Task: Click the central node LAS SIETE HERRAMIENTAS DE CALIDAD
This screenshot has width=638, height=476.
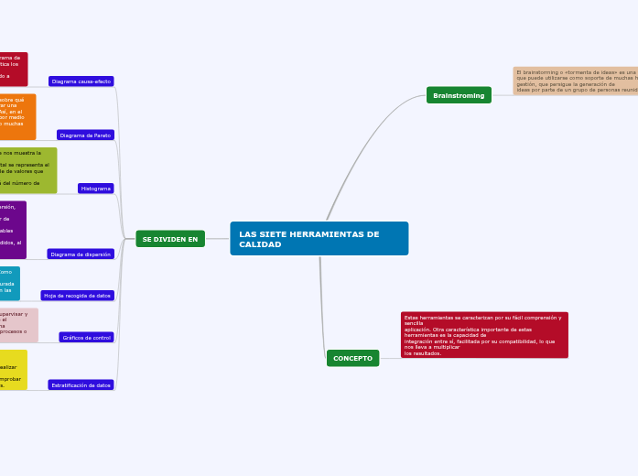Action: tap(319, 238)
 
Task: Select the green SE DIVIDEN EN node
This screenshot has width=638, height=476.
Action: tap(170, 239)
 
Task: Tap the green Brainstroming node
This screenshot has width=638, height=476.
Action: tap(459, 95)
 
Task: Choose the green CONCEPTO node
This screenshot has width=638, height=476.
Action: tap(352, 358)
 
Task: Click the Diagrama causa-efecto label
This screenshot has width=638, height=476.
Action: tap(81, 81)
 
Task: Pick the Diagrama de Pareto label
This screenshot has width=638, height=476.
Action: tap(85, 135)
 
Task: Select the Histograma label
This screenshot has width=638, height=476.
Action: tap(96, 189)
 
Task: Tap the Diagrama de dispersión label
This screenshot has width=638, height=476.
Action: tap(81, 254)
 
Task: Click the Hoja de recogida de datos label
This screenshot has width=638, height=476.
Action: tap(78, 296)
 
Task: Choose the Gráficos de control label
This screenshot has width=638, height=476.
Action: tap(87, 337)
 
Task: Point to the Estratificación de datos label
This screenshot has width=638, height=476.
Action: tap(81, 385)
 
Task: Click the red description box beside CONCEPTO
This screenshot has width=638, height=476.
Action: tap(483, 335)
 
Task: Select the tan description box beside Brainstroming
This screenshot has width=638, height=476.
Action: tap(575, 81)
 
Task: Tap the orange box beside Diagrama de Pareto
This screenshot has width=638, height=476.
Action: tap(17, 116)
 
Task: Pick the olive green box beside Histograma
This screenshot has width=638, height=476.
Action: tap(27, 170)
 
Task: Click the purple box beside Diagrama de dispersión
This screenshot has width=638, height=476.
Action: tap(13, 230)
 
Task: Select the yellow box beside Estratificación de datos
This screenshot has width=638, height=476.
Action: tap(13, 370)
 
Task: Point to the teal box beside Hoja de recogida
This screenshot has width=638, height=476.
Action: tap(9, 284)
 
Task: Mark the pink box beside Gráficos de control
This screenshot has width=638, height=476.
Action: tap(18, 325)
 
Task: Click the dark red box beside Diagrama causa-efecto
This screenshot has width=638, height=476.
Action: tap(13, 69)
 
